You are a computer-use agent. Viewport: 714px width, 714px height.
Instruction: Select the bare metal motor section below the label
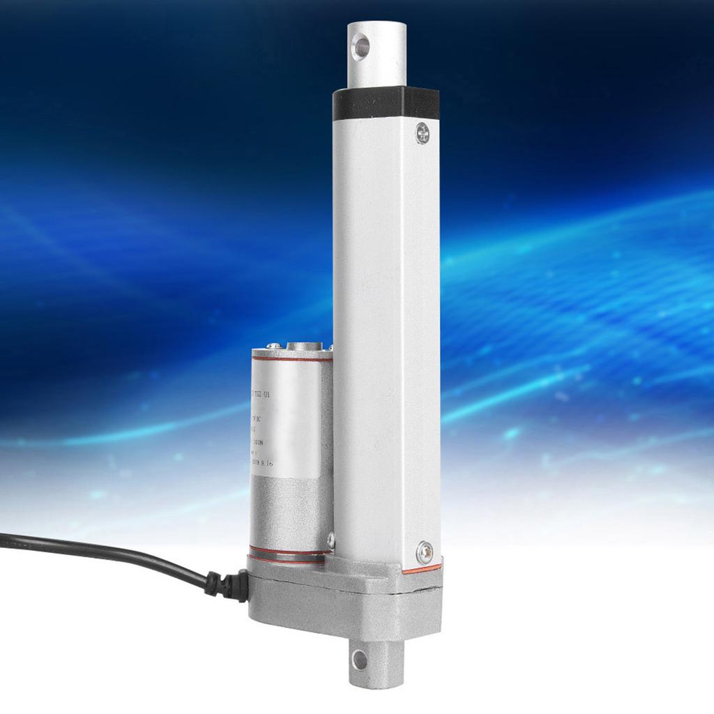click(286, 509)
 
